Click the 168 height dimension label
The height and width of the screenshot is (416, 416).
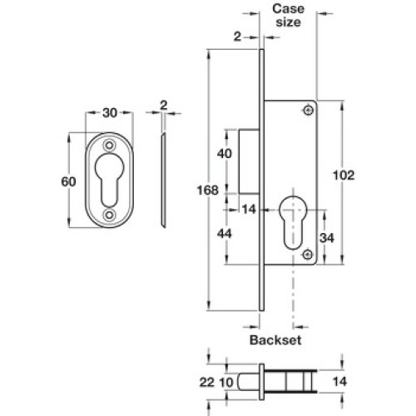[207, 191]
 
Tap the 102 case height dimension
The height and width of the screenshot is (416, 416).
[344, 176]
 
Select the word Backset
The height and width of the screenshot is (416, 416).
[275, 340]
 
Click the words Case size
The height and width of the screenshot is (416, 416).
[288, 16]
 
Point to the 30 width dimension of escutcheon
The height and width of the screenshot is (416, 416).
[110, 113]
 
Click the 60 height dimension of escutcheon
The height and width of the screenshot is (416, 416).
[68, 182]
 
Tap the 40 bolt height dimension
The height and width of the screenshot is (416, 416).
[225, 153]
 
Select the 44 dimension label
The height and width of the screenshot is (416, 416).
[225, 234]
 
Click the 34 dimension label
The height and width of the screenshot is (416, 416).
[327, 238]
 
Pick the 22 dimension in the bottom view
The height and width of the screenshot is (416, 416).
[207, 383]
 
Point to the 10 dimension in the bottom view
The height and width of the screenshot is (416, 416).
[226, 383]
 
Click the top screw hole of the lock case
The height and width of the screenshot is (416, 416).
[308, 111]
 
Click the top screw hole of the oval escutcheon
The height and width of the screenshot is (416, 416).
[109, 146]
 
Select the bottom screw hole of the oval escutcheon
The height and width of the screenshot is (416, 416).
[109, 215]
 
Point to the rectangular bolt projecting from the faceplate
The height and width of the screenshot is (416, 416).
[250, 161]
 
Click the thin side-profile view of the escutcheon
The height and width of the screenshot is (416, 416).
[164, 181]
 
